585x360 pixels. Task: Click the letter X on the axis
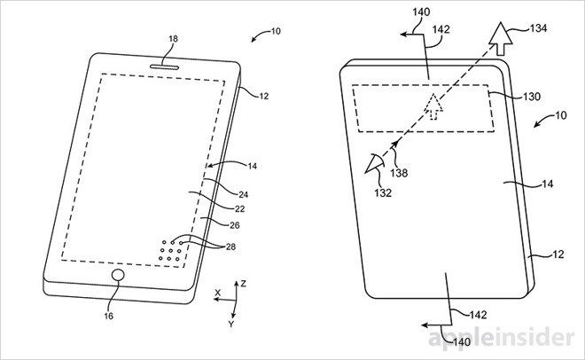216,291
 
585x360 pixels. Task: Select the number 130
505,95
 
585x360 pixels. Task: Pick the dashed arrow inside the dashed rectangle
433,105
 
